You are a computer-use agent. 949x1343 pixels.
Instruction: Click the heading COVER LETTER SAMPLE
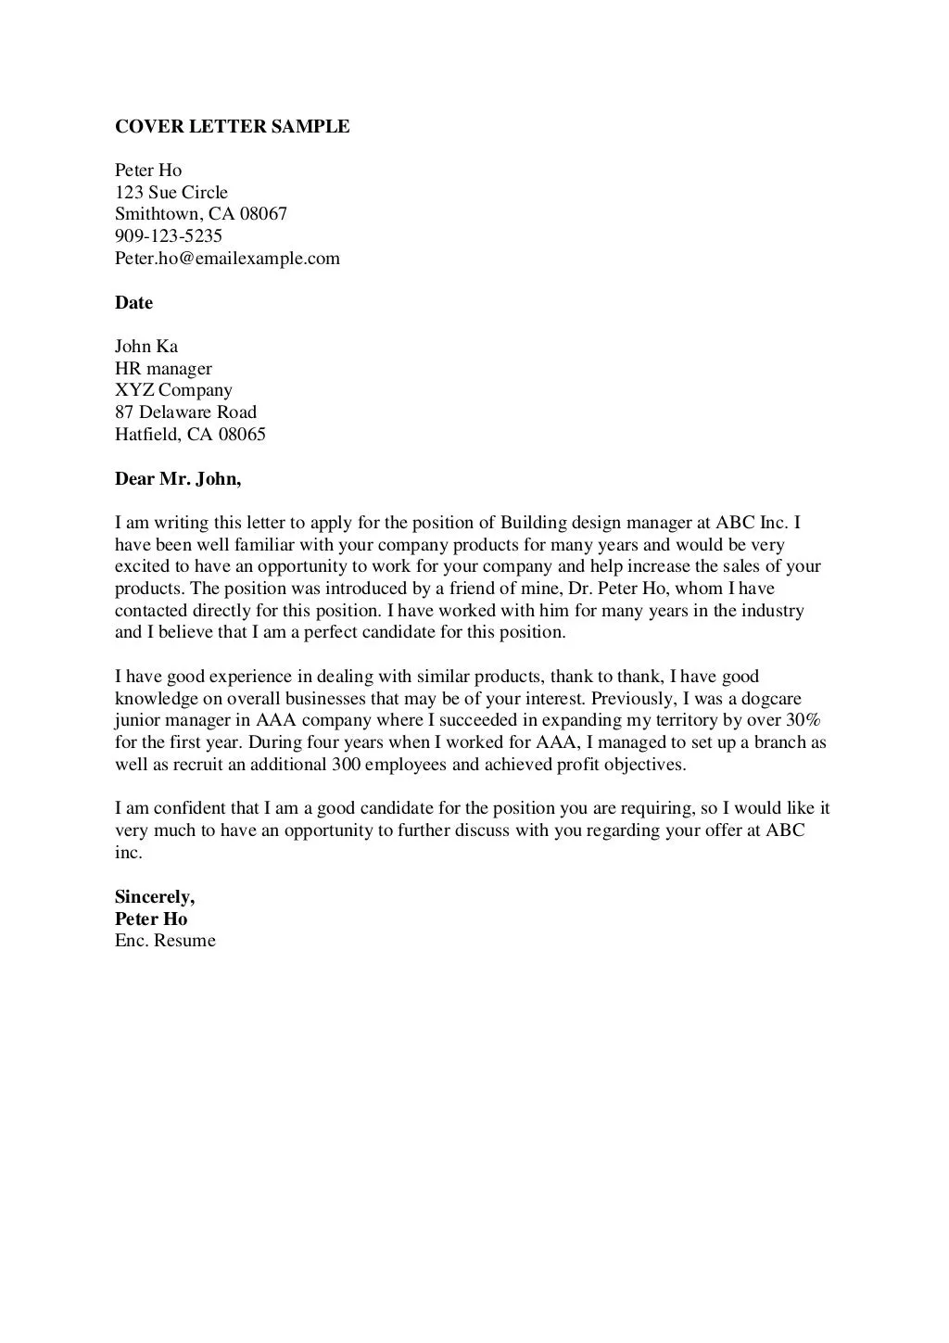pos(232,127)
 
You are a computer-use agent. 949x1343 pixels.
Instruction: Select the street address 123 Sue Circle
pos(171,193)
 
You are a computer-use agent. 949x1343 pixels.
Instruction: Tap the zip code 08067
pos(263,214)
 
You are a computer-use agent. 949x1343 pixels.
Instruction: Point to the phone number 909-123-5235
pos(168,236)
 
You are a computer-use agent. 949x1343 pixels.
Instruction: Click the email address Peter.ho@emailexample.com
pos(227,259)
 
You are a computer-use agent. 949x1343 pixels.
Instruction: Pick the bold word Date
pos(133,303)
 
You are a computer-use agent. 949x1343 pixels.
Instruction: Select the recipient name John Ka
pos(146,347)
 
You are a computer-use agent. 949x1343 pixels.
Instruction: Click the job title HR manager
pos(163,369)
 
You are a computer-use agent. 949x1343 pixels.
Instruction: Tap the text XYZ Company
pos(173,390)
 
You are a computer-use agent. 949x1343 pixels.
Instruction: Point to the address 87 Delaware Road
pos(185,412)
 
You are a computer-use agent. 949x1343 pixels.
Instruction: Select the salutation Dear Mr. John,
pos(178,479)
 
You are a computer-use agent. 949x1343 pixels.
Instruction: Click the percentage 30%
pos(803,721)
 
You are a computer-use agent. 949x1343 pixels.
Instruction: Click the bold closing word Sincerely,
pos(155,897)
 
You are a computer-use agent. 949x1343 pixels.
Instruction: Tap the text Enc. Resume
pos(165,941)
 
